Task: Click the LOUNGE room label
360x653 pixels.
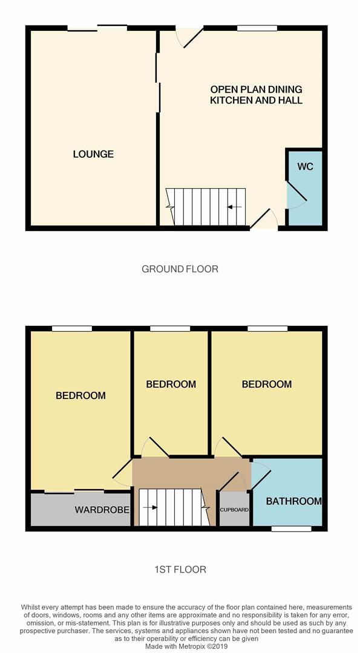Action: coord(93,154)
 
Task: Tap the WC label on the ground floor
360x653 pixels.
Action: coord(306,166)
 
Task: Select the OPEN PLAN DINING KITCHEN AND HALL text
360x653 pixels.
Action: coord(256,95)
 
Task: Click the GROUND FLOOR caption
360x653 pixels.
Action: coord(180,269)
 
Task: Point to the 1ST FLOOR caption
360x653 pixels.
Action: coord(180,570)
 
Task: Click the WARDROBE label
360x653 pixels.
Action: coord(102,510)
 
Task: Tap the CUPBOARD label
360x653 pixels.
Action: coord(234,510)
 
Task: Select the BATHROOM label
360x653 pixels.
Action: coord(293,501)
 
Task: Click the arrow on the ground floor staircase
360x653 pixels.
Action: coord(234,207)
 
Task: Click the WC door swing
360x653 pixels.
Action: coord(296,194)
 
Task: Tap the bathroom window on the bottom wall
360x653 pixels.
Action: coord(291,528)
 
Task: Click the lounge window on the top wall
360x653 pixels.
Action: coord(97,27)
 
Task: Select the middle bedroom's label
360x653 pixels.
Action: coord(171,385)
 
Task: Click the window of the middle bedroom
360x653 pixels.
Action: coord(170,328)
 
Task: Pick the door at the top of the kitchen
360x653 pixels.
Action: coord(189,37)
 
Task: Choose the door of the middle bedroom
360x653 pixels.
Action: coord(155,447)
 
